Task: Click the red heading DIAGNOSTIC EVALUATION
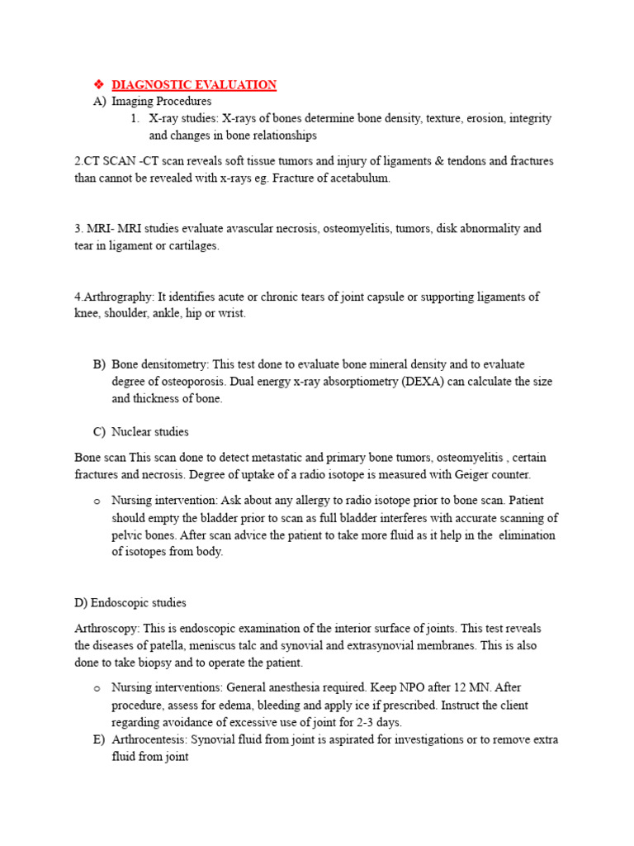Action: pyautogui.click(x=194, y=84)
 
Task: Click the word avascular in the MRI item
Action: pyautogui.click(x=239, y=228)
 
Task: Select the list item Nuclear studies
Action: pyautogui.click(x=150, y=431)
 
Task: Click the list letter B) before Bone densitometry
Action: pyautogui.click(x=99, y=364)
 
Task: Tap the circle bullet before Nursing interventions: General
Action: pyautogui.click(x=97, y=688)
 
